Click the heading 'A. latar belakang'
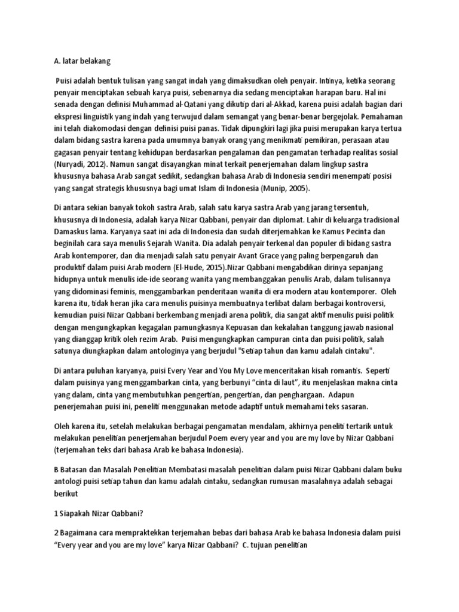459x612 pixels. click(78, 60)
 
